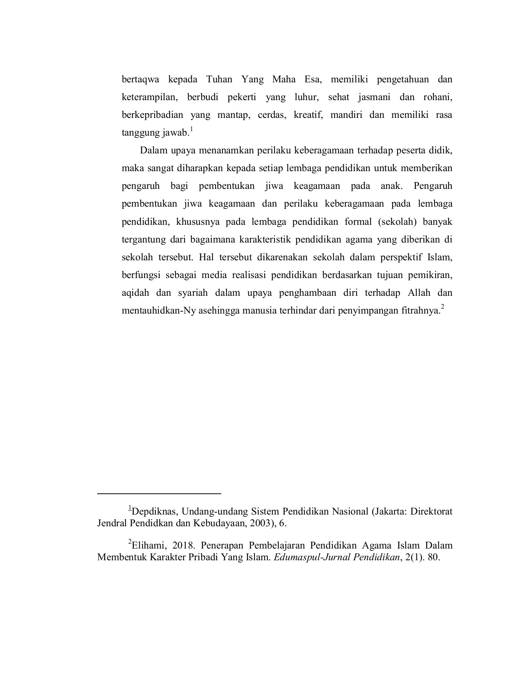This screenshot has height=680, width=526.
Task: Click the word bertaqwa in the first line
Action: pos(140,80)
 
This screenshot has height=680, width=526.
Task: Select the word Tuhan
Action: pos(219,80)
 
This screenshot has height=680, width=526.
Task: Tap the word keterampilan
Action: pos(149,97)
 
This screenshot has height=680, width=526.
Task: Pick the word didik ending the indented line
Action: pos(441,150)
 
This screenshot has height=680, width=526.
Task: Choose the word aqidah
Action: pos(135,293)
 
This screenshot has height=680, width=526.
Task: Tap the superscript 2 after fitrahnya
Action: pos(442,308)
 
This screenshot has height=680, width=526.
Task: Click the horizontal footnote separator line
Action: pos(159,493)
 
